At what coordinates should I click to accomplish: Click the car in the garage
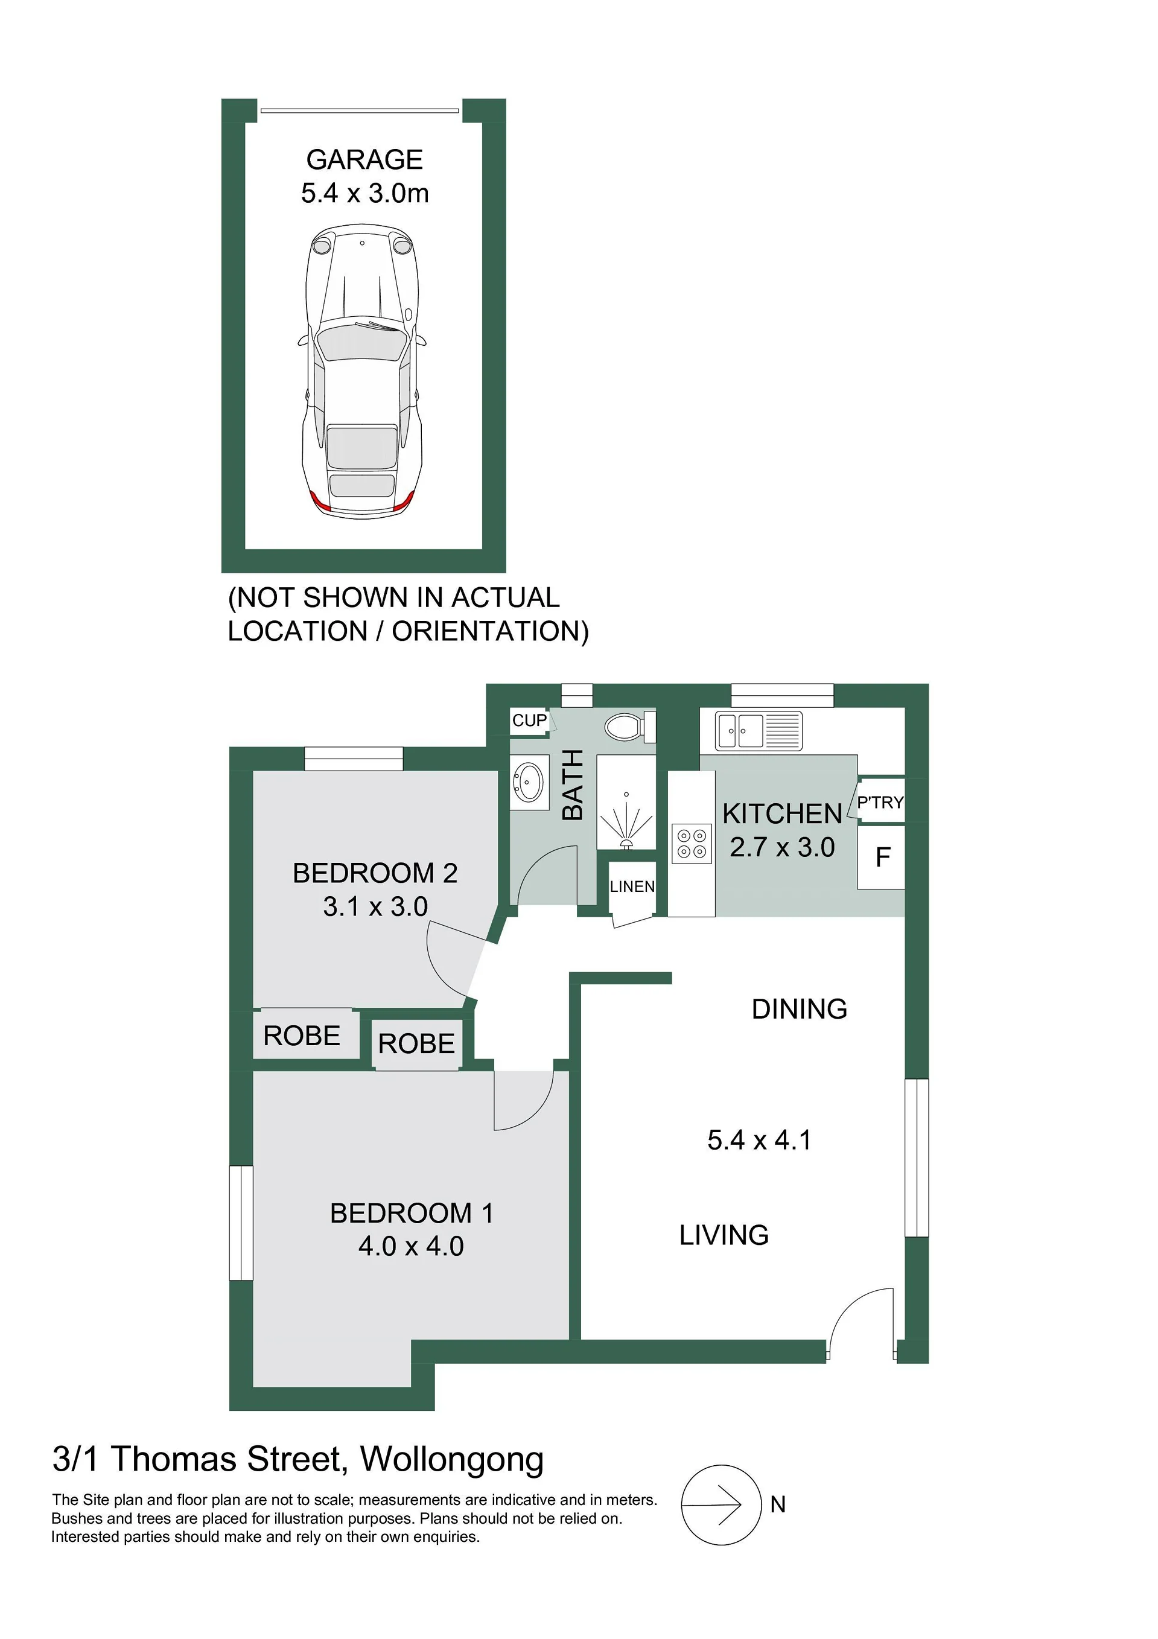[x=361, y=371]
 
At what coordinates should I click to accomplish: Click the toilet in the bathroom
[x=631, y=727]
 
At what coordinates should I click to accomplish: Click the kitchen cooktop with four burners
[x=692, y=843]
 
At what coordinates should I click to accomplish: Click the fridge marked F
[x=882, y=857]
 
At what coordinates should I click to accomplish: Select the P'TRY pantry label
[x=880, y=803]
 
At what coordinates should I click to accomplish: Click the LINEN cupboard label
[x=632, y=886]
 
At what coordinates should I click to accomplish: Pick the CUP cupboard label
[x=529, y=721]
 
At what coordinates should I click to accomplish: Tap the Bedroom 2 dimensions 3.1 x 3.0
[x=375, y=906]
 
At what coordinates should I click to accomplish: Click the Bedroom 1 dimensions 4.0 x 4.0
[x=411, y=1246]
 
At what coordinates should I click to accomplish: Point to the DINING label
[x=800, y=1008]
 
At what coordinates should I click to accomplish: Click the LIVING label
[x=724, y=1235]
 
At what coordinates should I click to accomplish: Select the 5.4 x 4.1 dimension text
[x=759, y=1140]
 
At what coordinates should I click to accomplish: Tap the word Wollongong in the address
[x=452, y=1459]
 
